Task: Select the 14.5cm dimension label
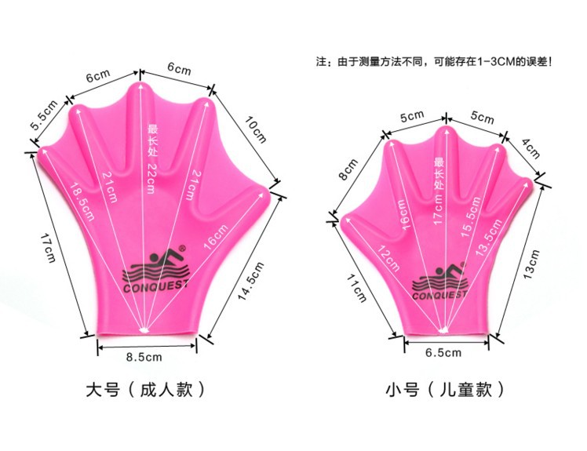(250, 275)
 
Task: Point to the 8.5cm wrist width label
(144, 358)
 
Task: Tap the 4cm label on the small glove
(531, 149)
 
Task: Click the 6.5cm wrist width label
(443, 353)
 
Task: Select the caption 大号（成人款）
(149, 389)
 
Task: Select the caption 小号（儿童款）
(444, 389)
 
